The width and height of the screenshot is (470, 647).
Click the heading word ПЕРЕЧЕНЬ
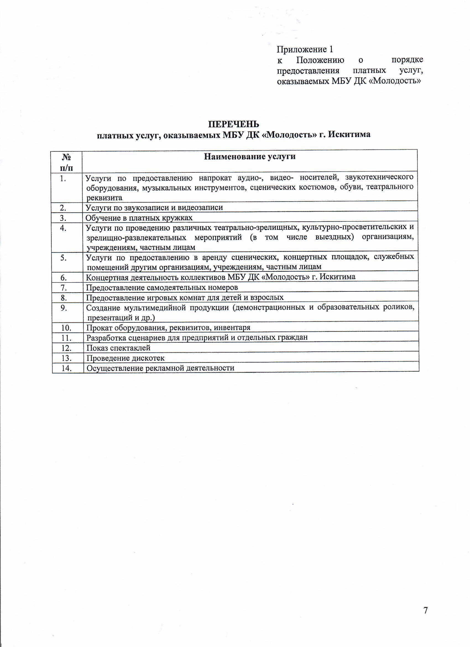pyautogui.click(x=233, y=124)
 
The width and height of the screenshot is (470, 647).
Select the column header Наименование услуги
pyautogui.click(x=249, y=157)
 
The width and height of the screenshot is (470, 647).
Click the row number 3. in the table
pyautogui.click(x=63, y=218)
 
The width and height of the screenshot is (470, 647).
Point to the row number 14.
pyautogui.click(x=66, y=368)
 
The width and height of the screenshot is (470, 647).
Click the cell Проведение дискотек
pyautogui.click(x=126, y=358)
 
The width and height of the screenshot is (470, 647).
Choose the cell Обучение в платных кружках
pyautogui.click(x=139, y=218)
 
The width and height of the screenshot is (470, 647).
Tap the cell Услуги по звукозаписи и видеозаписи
pyautogui.click(x=154, y=207)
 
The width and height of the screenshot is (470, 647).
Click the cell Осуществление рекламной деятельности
pyautogui.click(x=160, y=368)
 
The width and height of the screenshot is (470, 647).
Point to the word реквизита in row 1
pyautogui.click(x=104, y=198)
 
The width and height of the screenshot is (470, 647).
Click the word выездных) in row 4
pyautogui.click(x=334, y=237)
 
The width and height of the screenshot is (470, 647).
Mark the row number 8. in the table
pyautogui.click(x=64, y=298)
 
